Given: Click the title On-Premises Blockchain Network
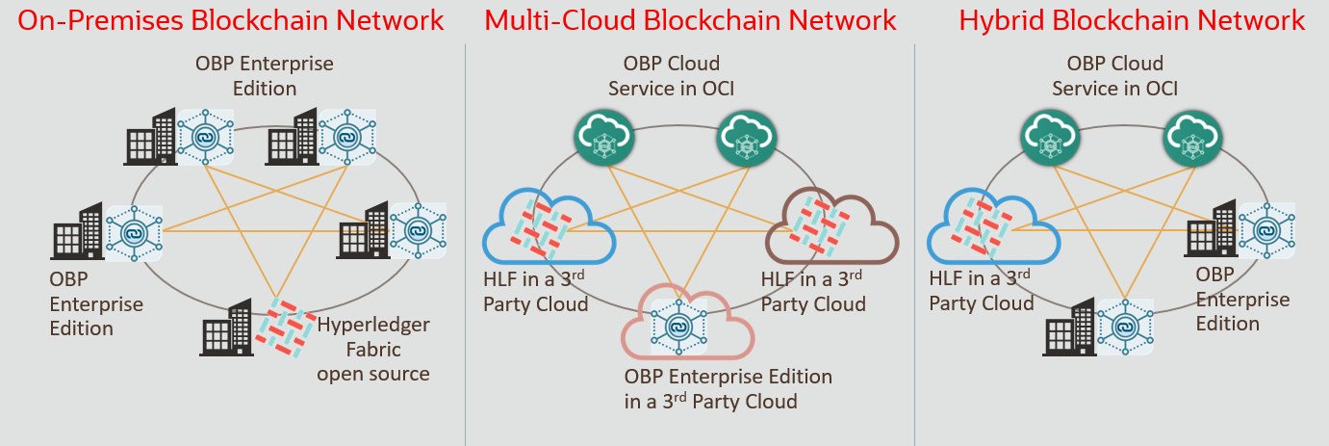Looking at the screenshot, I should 232,20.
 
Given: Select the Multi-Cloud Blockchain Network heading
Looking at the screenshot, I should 690,20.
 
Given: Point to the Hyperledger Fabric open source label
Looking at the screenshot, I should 373,349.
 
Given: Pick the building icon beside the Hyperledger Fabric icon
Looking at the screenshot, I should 227,328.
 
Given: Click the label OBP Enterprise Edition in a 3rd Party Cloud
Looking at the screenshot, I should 728,388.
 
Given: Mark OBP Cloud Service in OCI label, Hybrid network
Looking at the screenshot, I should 1114,76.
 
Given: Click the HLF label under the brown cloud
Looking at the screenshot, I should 813,292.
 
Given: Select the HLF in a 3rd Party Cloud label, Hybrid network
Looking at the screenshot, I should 982,291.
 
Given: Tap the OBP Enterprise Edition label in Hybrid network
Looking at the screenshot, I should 1242,299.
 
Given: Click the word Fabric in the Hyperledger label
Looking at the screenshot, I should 373,349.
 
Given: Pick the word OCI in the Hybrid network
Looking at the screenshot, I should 1159,89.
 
